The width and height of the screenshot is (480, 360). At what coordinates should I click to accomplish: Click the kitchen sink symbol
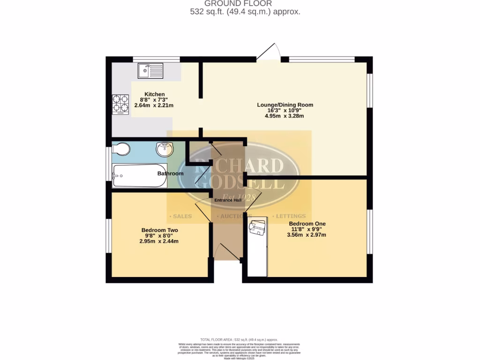click(150, 71)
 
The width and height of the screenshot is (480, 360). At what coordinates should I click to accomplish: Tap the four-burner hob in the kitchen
click(120, 105)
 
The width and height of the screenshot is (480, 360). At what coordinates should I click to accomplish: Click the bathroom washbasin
click(165, 150)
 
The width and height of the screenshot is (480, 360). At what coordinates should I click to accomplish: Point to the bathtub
click(140, 176)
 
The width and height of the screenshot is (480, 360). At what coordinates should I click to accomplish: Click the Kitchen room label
click(154, 94)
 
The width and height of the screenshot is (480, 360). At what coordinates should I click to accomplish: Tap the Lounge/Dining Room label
click(285, 105)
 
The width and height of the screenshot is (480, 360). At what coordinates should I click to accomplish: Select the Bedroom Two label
click(159, 230)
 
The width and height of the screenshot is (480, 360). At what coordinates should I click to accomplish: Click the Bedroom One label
click(307, 224)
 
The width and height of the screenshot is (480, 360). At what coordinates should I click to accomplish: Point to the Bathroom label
click(170, 173)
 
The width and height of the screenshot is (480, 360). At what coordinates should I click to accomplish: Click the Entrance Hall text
click(228, 200)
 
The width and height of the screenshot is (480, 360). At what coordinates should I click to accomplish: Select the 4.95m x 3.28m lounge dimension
click(285, 116)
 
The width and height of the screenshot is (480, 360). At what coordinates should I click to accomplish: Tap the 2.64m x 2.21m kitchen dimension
click(154, 105)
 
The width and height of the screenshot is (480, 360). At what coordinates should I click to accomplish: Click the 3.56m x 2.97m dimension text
click(307, 235)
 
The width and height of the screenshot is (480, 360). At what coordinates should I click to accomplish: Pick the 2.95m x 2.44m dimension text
click(159, 241)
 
